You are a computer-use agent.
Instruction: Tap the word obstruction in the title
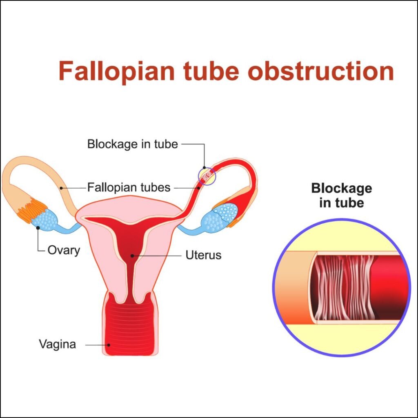(x=321, y=70)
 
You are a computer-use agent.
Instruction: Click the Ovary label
(x=64, y=250)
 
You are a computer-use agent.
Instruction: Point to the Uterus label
(x=203, y=255)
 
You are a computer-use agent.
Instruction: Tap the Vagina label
(x=58, y=344)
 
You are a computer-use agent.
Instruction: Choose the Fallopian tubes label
(x=129, y=187)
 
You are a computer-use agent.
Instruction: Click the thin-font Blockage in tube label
(x=133, y=144)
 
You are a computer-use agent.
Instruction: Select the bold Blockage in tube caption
(x=342, y=195)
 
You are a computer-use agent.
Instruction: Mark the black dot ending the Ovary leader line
(x=38, y=228)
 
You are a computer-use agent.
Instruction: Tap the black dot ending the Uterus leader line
(x=132, y=256)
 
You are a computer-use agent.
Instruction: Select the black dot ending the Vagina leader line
(x=109, y=344)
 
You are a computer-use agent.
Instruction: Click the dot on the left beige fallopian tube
(x=60, y=188)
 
